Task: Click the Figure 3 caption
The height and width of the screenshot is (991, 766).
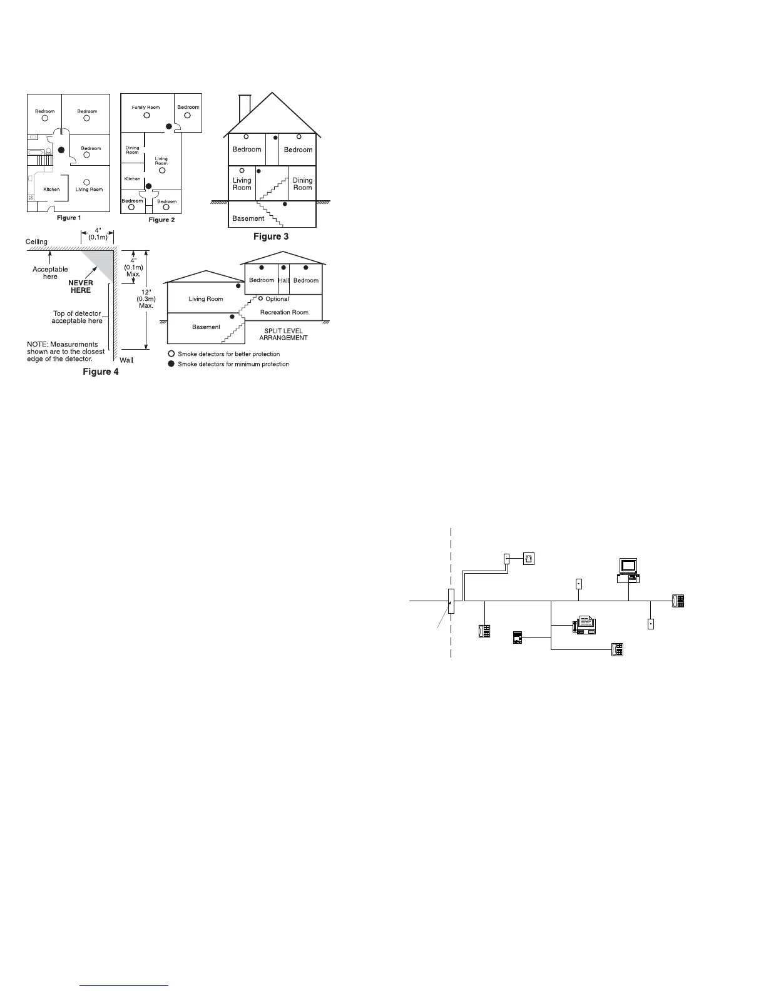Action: coord(270,236)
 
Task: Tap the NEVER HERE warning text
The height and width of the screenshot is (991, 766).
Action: coord(81,287)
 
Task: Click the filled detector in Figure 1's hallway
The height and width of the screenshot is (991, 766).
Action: coord(61,150)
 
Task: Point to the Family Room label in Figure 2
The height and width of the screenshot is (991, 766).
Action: coord(145,108)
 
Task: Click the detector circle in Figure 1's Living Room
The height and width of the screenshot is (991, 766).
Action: coord(86,182)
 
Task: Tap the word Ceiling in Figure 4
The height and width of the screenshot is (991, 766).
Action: coord(36,241)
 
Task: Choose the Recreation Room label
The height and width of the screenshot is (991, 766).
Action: coord(284,312)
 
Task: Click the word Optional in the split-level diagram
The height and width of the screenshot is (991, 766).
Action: coord(277,299)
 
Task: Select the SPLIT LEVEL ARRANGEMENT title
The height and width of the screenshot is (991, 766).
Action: coord(283,334)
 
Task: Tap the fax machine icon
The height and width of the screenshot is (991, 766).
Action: coord(584,624)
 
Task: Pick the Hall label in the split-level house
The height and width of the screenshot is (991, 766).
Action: coord(283,280)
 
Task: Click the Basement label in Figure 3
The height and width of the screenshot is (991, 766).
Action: coord(248,218)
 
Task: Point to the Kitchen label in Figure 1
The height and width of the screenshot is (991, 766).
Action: coord(51,189)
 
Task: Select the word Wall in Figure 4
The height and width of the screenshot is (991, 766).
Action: coord(126,360)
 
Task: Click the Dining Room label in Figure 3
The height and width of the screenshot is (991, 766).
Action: coord(302,184)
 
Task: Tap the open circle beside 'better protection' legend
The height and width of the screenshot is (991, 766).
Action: coord(171,354)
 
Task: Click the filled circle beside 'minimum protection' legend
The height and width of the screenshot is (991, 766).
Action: coord(171,364)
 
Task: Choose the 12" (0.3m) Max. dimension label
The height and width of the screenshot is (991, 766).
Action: coord(145,298)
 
